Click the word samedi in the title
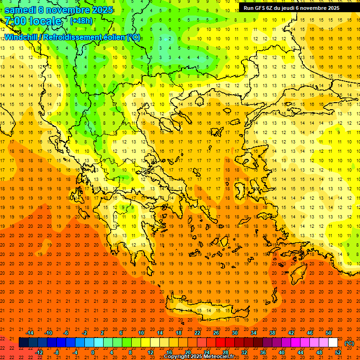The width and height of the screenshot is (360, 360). (21, 10)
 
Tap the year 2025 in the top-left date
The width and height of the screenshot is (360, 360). (100, 10)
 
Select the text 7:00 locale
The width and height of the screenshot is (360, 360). (33, 21)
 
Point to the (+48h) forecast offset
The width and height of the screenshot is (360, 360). (81, 21)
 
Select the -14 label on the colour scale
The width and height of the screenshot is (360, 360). (30, 332)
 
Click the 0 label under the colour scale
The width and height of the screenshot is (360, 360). (93, 352)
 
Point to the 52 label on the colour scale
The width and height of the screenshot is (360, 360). (338, 352)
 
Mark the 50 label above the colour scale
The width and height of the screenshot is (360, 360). (329, 332)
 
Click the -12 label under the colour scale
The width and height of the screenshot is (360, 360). (39, 352)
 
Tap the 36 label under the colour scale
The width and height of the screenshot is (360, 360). (262, 352)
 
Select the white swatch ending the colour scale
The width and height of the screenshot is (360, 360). (333, 343)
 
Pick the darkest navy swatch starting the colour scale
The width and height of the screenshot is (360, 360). (23, 343)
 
